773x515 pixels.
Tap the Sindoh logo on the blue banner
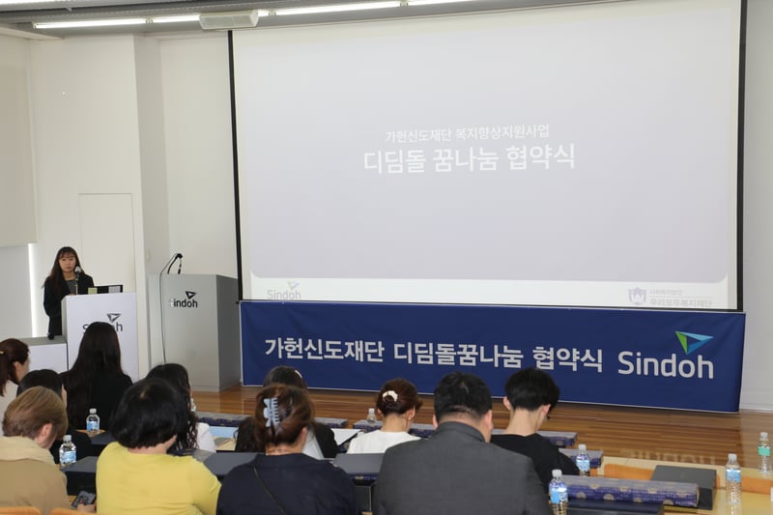[666, 357]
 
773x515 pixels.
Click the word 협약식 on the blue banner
[567, 358]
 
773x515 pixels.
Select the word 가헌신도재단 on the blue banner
[325, 350]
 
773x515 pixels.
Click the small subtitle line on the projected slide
[468, 136]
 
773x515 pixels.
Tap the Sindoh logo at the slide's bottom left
[284, 291]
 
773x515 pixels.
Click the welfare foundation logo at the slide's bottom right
[672, 298]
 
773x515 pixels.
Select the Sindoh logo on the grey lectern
[184, 300]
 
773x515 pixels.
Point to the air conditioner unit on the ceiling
[228, 18]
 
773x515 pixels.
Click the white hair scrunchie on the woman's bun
[389, 395]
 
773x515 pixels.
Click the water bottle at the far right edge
[763, 453]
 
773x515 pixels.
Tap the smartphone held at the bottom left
[84, 499]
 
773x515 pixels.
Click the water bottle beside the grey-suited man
[558, 492]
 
